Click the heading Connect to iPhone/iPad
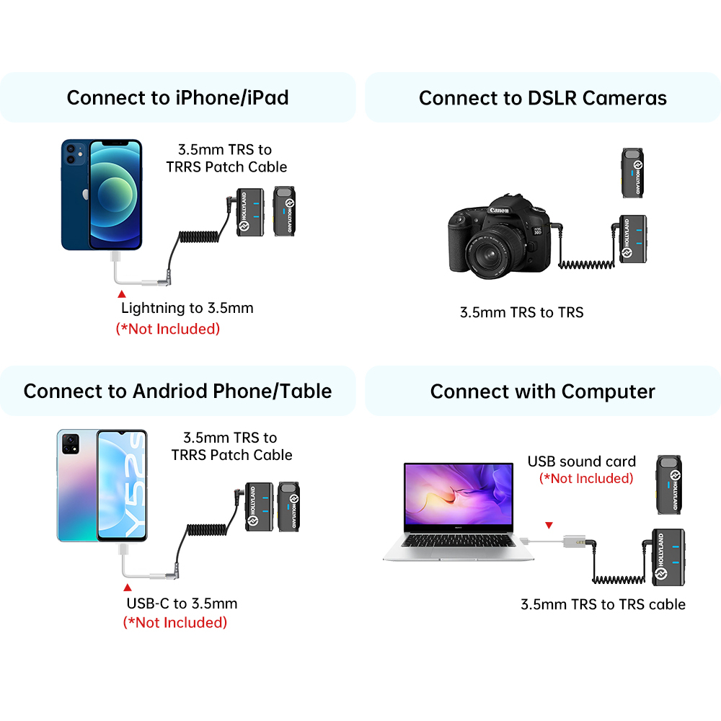[177, 97]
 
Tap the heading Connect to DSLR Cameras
[543, 97]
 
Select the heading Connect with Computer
[542, 392]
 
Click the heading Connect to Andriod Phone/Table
[177, 392]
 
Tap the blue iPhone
[102, 195]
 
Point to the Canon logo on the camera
[499, 211]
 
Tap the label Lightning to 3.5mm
[187, 309]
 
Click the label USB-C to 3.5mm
[182, 603]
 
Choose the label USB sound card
[582, 461]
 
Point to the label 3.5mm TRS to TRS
[522, 312]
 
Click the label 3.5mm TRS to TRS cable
[603, 604]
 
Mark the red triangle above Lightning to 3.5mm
[122, 294]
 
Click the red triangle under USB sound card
[549, 525]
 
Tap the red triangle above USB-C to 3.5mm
[128, 588]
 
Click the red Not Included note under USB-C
[175, 622]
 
